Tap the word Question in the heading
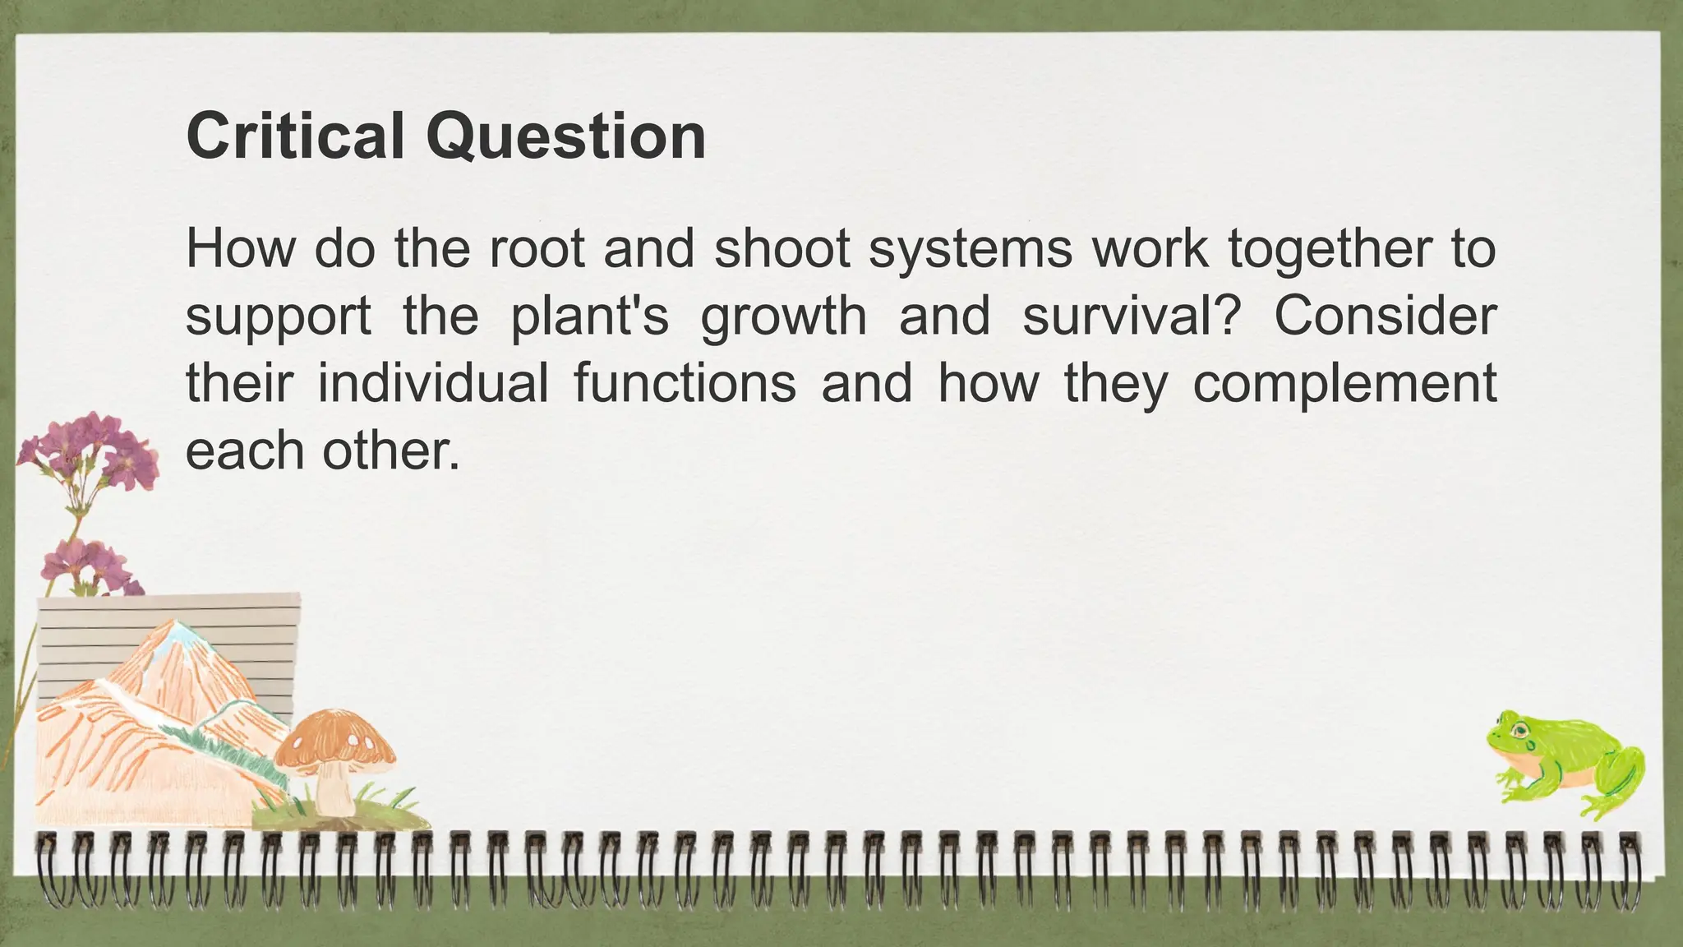(565, 137)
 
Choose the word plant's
(589, 317)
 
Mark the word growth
(783, 317)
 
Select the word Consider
(1385, 316)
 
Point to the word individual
(433, 383)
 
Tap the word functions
(685, 383)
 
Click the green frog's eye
(1522, 728)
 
